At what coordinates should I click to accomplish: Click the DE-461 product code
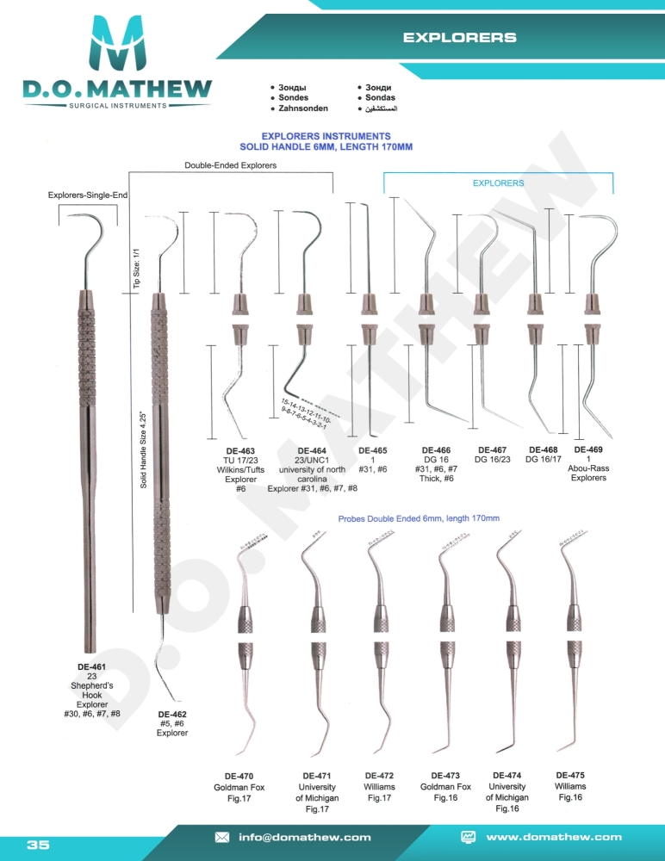[91, 666]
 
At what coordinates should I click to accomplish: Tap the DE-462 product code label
[172, 715]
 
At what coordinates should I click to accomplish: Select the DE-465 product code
[372, 450]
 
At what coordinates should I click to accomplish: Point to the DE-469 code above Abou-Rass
[588, 450]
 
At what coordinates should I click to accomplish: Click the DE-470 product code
[239, 776]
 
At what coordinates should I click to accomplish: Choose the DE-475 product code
[570, 775]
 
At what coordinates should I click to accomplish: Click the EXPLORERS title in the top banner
[460, 38]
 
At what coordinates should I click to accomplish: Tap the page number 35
[38, 845]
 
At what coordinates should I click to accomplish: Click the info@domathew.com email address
[305, 837]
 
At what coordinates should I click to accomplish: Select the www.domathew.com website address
[554, 837]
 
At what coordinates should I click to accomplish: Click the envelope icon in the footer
[221, 837]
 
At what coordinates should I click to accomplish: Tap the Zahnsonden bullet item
[297, 109]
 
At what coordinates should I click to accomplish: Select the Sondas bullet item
[380, 99]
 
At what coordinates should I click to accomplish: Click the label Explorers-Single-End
[87, 195]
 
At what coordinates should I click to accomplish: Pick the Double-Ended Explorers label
[230, 165]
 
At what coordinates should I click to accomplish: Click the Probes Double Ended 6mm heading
[419, 518]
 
